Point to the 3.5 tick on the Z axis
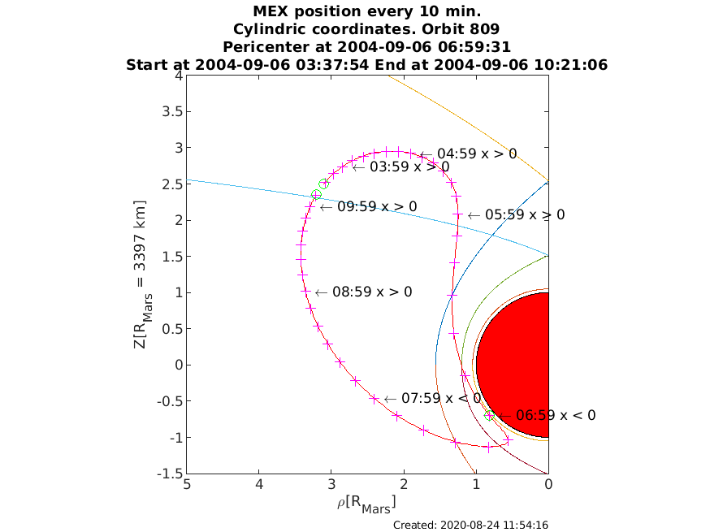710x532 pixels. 172,112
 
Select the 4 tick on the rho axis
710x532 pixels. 259,484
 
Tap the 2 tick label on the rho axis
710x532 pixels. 404,484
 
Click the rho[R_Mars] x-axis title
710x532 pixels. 366,504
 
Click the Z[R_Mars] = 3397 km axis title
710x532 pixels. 141,275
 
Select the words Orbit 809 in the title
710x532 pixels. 461,29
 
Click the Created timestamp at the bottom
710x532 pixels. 470,526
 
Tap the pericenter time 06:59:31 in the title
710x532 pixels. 474,47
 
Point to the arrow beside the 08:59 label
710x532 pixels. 321,292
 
